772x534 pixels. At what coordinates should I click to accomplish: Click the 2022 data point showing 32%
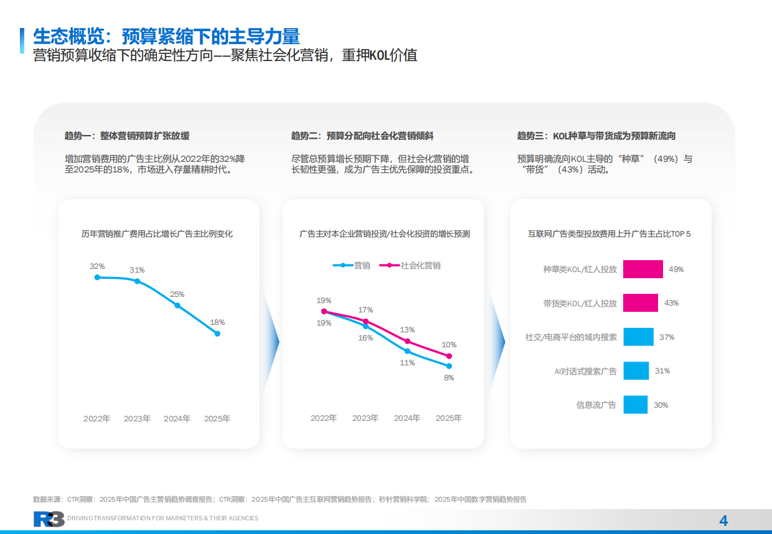coord(97,277)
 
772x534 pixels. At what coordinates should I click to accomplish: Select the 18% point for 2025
coord(217,334)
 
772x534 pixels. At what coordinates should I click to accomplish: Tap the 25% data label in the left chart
coord(177,294)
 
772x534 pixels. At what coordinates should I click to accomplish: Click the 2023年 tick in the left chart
coord(137,419)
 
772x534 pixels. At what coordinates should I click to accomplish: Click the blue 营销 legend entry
coord(352,265)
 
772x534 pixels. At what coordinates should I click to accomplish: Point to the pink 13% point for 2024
coord(407,341)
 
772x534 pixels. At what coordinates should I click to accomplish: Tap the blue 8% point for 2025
coord(449,366)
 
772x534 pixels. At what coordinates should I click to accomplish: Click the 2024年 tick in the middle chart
coord(407,418)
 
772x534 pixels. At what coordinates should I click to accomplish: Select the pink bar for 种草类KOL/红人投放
coord(643,269)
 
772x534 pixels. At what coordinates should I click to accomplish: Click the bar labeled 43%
coord(640,303)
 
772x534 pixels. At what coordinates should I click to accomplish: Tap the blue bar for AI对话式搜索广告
coord(636,371)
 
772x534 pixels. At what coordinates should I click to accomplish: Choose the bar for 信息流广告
coord(635,405)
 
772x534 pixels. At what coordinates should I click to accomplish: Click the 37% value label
coord(667,337)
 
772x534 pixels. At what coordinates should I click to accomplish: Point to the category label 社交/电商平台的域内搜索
coord(571,337)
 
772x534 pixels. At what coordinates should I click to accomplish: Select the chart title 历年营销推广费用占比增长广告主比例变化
coord(157,234)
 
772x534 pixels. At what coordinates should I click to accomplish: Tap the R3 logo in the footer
coord(49,519)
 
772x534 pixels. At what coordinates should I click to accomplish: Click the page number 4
coord(723,521)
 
